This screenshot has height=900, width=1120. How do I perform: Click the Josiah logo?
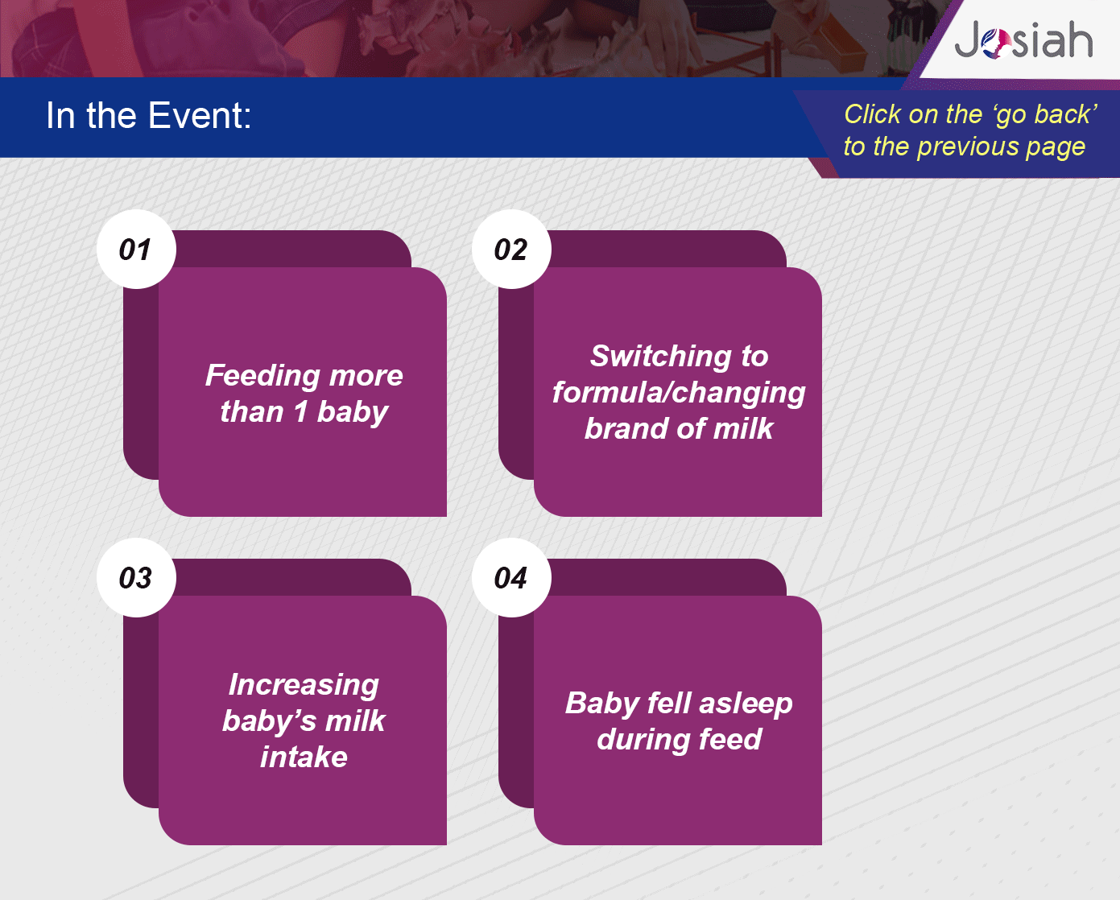coord(1023,39)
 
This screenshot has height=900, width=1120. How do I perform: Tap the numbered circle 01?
coord(136,250)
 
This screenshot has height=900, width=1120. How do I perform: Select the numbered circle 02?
coord(511,250)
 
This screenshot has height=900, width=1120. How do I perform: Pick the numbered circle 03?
coord(136,578)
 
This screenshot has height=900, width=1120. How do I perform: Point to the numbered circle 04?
coord(511,578)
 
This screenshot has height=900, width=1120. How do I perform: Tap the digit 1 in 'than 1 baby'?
coord(300,411)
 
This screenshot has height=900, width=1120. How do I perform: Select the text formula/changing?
coord(679,394)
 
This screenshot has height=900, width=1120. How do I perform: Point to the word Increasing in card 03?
coord(304,686)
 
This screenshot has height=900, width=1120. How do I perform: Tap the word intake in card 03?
coord(304,757)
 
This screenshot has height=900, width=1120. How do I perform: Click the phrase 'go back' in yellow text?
coord(1046,115)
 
